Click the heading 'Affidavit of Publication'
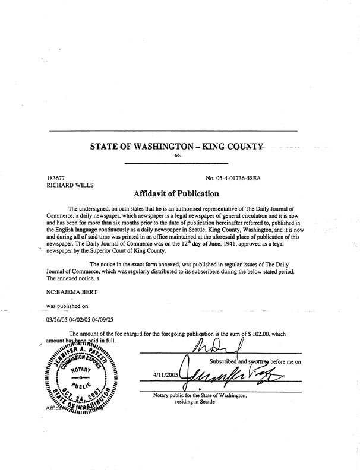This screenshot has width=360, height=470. (x=176, y=193)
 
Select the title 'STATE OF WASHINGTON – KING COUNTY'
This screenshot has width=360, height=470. (x=176, y=144)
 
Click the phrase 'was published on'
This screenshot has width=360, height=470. (x=67, y=307)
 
